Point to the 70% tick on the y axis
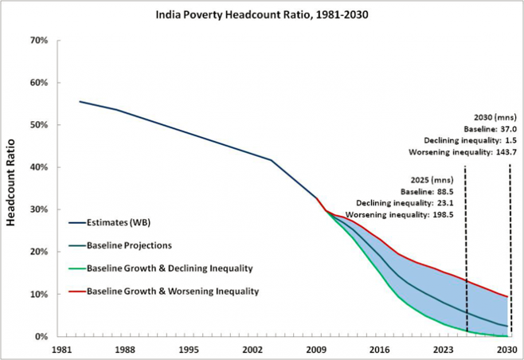[x=38, y=40]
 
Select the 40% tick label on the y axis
[x=38, y=167]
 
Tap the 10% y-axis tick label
[x=38, y=294]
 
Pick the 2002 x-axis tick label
[x=251, y=349]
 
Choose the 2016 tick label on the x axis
[x=379, y=349]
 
